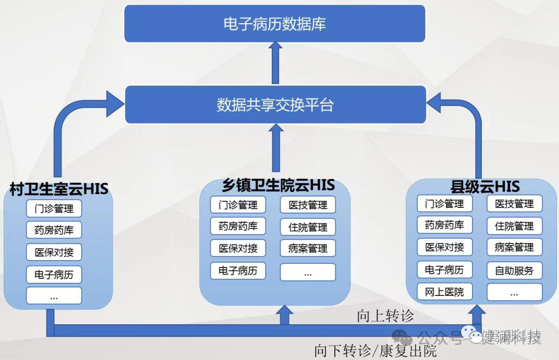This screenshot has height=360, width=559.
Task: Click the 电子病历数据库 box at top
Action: tap(274, 24)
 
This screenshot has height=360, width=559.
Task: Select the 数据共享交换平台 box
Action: tap(275, 105)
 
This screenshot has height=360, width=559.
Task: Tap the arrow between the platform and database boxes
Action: tap(275, 63)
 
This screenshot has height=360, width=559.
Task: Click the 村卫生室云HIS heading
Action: tap(59, 189)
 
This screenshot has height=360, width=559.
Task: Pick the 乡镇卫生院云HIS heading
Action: tap(278, 185)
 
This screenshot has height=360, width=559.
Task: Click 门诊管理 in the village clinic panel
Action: tap(54, 209)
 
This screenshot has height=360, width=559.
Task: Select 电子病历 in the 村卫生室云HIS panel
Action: tap(54, 275)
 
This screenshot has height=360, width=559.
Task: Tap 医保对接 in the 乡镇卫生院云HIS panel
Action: tap(238, 248)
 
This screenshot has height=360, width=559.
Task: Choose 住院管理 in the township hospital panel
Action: tap(307, 227)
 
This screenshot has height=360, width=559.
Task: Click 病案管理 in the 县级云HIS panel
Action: tap(514, 247)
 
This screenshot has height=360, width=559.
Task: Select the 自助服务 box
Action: tap(514, 270)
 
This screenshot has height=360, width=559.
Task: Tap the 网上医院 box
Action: tap(444, 292)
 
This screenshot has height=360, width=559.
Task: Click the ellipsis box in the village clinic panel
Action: tap(54, 296)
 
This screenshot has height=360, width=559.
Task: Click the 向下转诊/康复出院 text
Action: tap(375, 351)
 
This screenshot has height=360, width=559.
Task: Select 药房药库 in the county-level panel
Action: tap(444, 225)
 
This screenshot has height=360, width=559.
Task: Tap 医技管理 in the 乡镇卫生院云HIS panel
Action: tap(307, 205)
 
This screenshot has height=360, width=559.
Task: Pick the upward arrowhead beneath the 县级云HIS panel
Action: tap(477, 311)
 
